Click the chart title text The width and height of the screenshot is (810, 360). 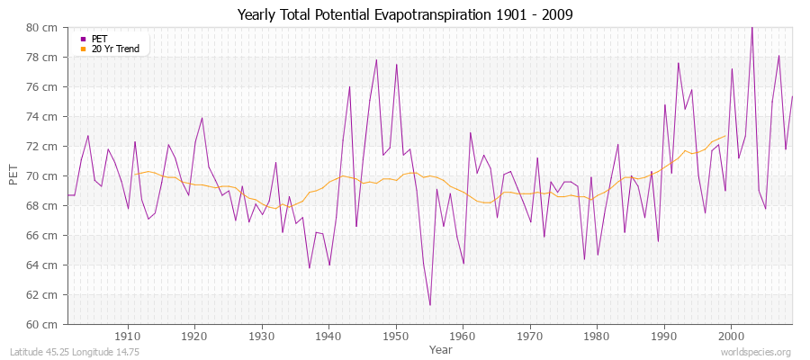(405, 14)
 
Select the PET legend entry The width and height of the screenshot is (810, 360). (99, 39)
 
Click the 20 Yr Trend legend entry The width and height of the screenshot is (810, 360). (116, 49)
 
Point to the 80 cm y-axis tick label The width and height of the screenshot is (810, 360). (44, 28)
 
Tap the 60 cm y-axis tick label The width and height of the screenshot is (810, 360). (44, 324)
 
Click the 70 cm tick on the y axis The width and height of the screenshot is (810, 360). (44, 176)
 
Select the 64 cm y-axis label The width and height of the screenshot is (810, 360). (44, 265)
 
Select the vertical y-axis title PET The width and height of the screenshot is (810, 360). (13, 175)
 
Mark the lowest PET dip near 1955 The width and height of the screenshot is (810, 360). (429, 305)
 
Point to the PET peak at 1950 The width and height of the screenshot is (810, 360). (396, 65)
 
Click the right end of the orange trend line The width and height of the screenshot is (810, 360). (724, 136)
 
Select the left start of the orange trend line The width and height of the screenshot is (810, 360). (134, 174)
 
